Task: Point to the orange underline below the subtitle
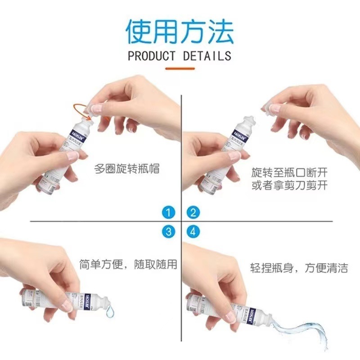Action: (x=180, y=68)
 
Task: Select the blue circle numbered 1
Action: (x=169, y=212)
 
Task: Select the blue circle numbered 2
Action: (x=193, y=212)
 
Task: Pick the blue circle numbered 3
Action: (x=169, y=232)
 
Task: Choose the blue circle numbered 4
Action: (x=193, y=232)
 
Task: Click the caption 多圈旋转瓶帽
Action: (x=127, y=169)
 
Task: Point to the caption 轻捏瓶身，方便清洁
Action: (x=298, y=269)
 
